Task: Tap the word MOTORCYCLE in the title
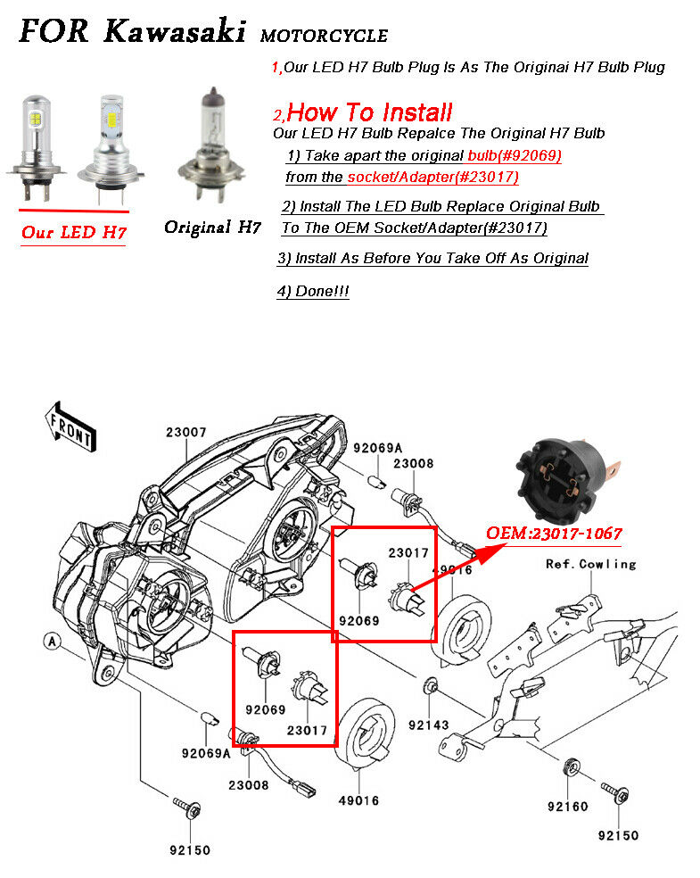tap(324, 37)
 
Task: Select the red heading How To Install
tap(369, 112)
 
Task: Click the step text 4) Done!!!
tap(313, 292)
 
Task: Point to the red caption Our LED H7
tap(73, 233)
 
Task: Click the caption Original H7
tap(212, 228)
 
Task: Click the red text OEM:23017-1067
tap(553, 534)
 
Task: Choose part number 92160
tap(567, 807)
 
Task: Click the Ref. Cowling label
tap(590, 564)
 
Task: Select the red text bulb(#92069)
tap(514, 155)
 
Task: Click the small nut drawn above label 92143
tap(430, 686)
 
